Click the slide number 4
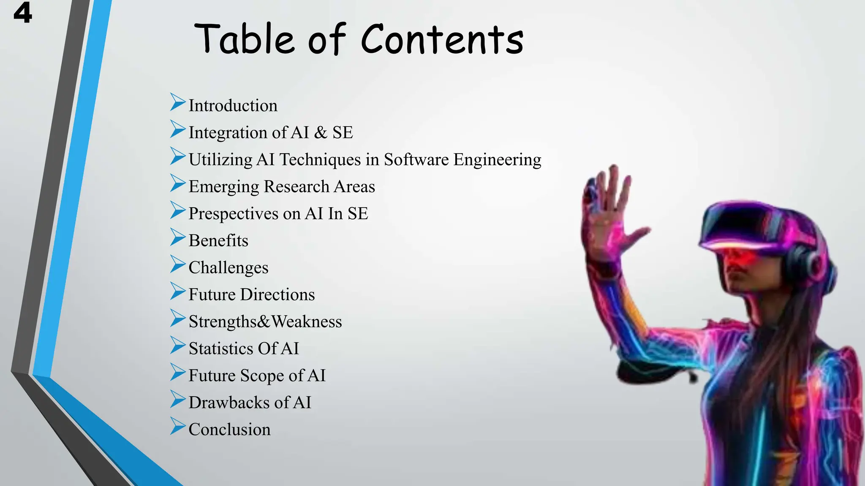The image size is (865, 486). (x=22, y=13)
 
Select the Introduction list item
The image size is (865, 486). (x=233, y=105)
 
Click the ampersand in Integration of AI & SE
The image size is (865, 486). (x=321, y=132)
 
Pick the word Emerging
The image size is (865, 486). (x=223, y=187)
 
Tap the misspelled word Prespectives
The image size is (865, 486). (x=233, y=214)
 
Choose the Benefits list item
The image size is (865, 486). (x=218, y=240)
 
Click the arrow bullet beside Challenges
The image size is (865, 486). (x=178, y=265)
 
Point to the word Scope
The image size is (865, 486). (x=262, y=376)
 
